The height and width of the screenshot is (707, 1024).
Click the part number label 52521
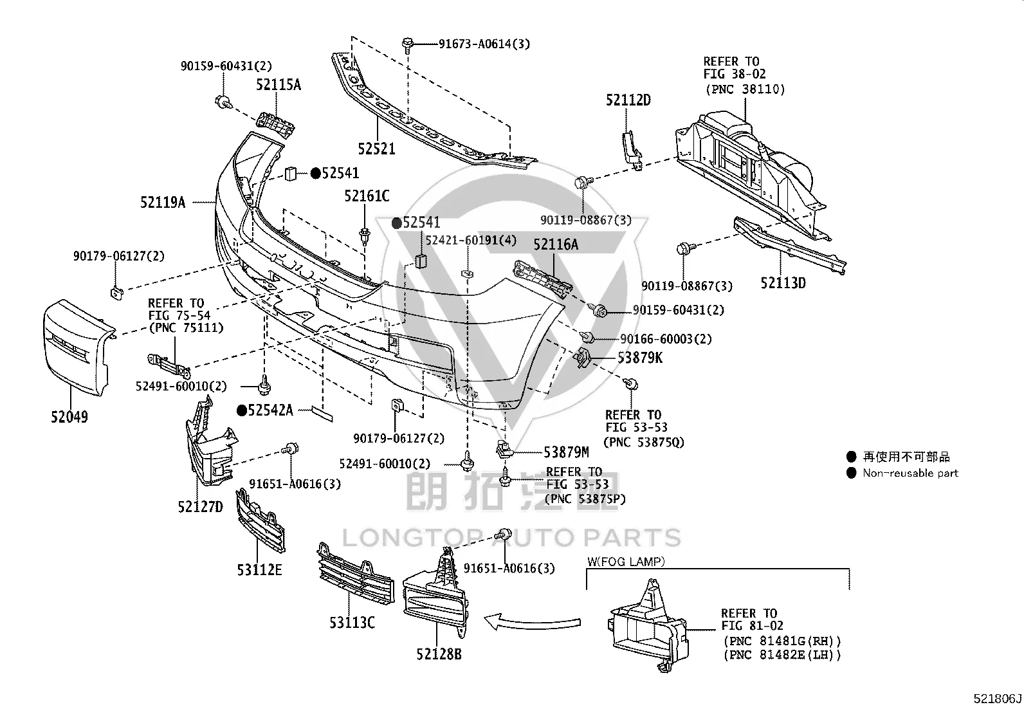click(x=376, y=149)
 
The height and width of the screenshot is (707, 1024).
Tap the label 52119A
click(x=163, y=202)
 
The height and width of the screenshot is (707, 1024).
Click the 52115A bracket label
click(x=279, y=85)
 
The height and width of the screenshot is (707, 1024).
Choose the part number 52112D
click(x=628, y=100)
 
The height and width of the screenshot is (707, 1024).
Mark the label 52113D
click(x=783, y=283)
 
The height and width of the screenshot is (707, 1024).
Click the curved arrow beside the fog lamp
click(x=532, y=622)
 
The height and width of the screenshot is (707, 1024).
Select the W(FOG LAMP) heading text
click(x=626, y=561)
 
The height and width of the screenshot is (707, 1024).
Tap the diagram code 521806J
click(x=997, y=699)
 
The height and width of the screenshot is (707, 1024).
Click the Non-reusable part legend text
click(x=910, y=473)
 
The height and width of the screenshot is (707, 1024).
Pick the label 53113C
click(x=352, y=622)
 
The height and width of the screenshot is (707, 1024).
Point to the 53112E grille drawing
click(x=260, y=520)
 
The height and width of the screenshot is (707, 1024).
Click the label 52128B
click(x=439, y=654)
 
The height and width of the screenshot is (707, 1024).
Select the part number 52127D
click(x=200, y=507)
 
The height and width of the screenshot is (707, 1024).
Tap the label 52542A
click(x=270, y=410)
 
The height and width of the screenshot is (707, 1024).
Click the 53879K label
click(x=639, y=358)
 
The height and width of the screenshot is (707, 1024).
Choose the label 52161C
click(x=367, y=196)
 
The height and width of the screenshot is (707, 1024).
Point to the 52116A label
click(x=556, y=244)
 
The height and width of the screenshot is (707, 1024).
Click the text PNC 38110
click(x=745, y=89)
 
